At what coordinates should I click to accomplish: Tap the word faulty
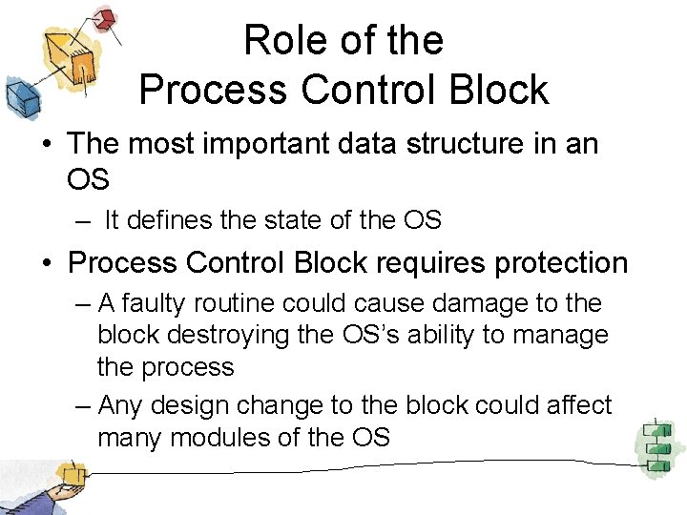point(162,303)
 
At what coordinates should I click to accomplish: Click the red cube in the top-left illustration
point(108,18)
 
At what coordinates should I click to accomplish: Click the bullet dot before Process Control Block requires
point(48,263)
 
